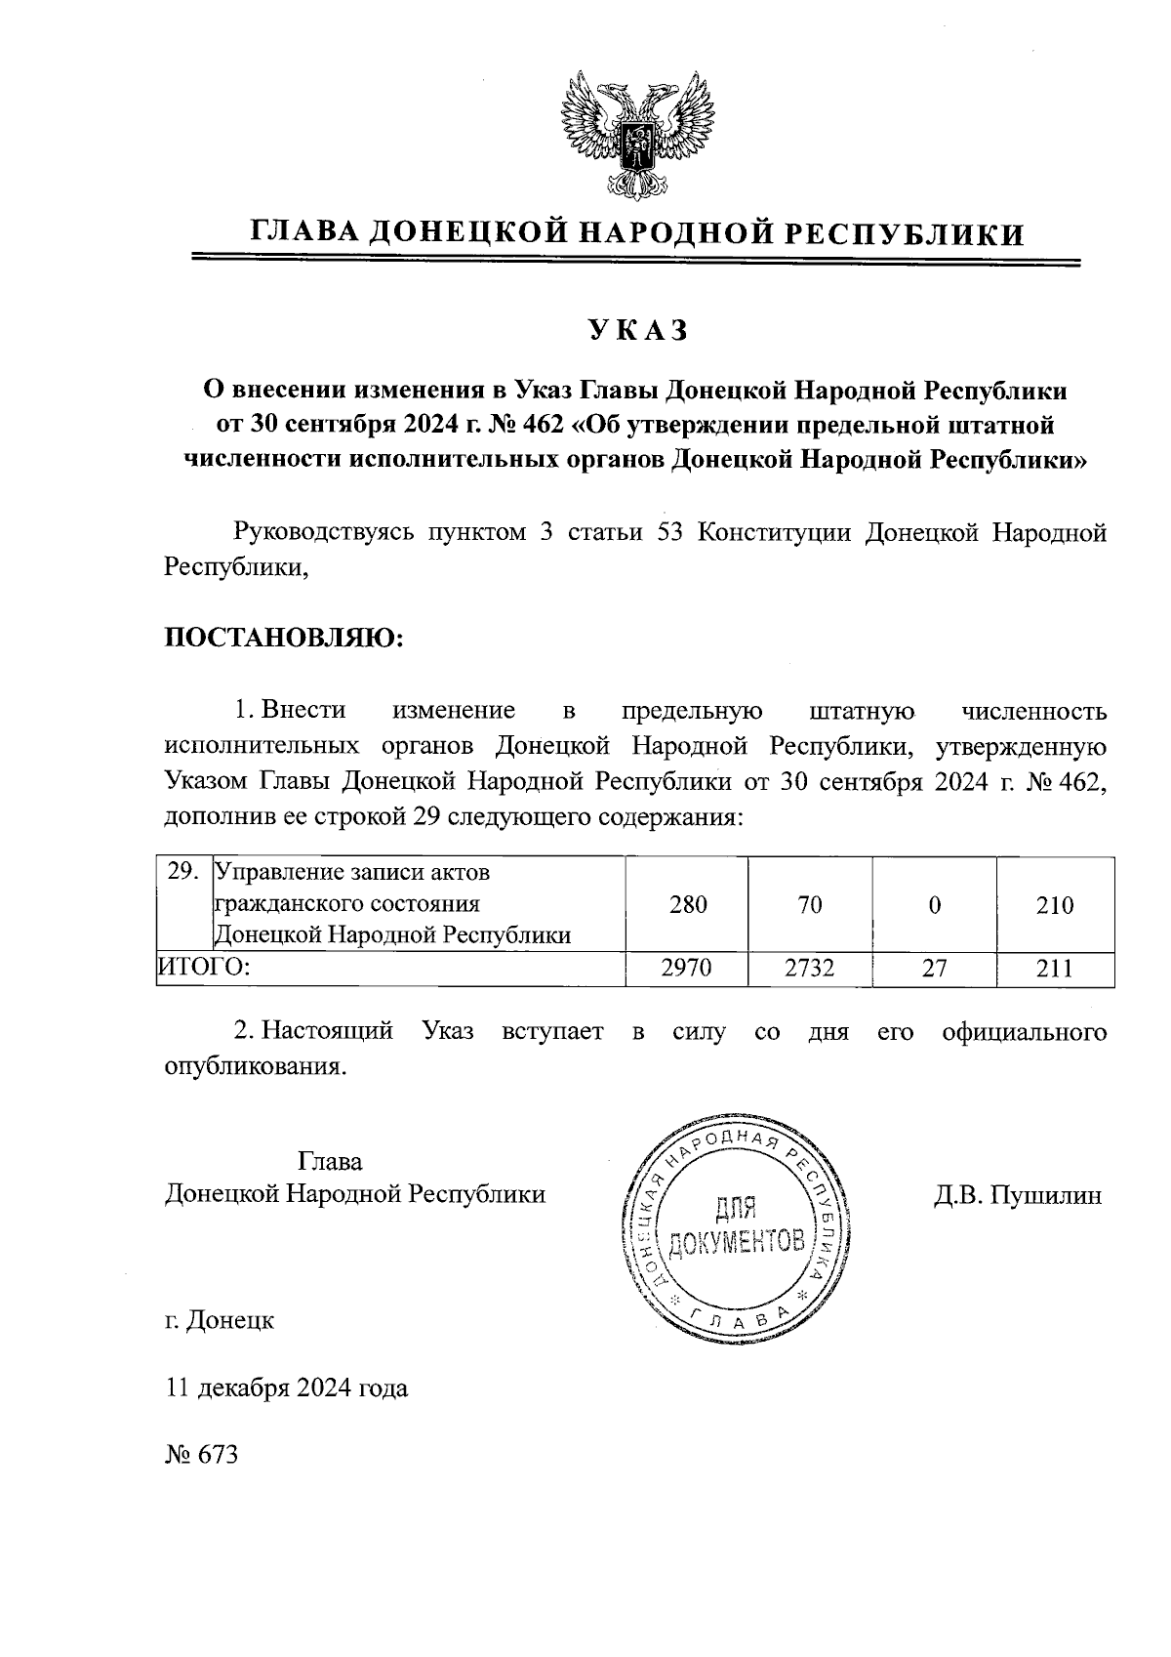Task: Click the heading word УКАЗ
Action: [x=638, y=332]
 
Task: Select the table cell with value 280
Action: [x=688, y=904]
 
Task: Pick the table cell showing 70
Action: [x=810, y=904]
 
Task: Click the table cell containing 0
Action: [x=935, y=904]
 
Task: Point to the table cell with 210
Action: [x=1054, y=904]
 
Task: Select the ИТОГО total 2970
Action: [x=687, y=968]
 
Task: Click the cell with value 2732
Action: [x=810, y=968]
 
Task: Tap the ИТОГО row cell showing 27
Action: [x=935, y=968]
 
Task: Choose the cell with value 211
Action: [x=1054, y=968]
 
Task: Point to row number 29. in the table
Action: [x=183, y=872]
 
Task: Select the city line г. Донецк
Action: [x=220, y=1321]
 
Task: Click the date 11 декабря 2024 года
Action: [x=286, y=1388]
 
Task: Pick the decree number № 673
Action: [x=202, y=1454]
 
